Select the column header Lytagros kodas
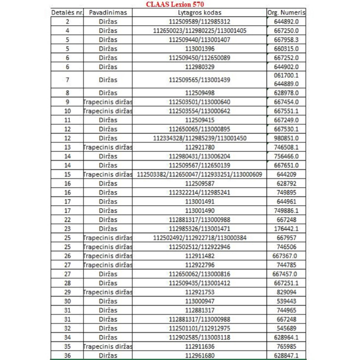pyautogui.click(x=199, y=13)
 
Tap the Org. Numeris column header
pyautogui.click(x=286, y=13)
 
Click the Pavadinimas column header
pyautogui.click(x=108, y=13)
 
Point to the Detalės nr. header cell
pyautogui.click(x=67, y=13)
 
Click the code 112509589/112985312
pyautogui.click(x=199, y=22)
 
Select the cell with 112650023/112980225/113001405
pyautogui.click(x=199, y=31)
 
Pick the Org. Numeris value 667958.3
pyautogui.click(x=286, y=40)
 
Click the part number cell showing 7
pyautogui.click(x=67, y=80)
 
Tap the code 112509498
pyautogui.click(x=199, y=93)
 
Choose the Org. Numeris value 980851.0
pyautogui.click(x=286, y=138)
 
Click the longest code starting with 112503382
pyautogui.click(x=199, y=174)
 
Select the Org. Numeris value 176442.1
pyautogui.click(x=286, y=228)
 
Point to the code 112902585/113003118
pyautogui.click(x=199, y=337)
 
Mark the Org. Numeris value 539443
pyautogui.click(x=286, y=301)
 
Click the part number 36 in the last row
pyautogui.click(x=67, y=355)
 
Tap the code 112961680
pyautogui.click(x=199, y=355)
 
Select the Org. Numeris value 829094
pyautogui.click(x=286, y=292)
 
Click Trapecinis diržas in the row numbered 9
pyautogui.click(x=108, y=102)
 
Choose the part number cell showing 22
pyautogui.click(x=67, y=219)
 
